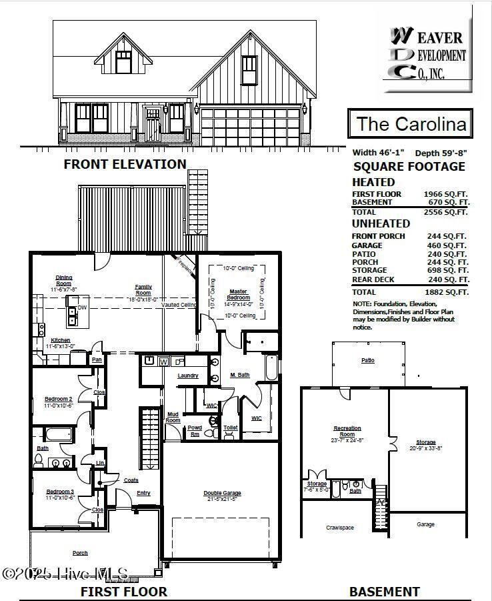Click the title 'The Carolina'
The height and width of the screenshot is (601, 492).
[x=410, y=123]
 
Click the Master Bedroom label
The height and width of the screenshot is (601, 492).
[x=238, y=294]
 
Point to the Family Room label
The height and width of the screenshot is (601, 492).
[x=143, y=289]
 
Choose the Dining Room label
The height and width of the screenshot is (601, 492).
[x=64, y=281]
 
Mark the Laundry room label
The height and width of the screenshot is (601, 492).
[x=188, y=376]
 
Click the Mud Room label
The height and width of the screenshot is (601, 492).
[x=173, y=418]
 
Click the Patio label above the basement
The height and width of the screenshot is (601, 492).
[x=368, y=360]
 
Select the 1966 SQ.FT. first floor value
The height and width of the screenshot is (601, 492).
[x=446, y=194]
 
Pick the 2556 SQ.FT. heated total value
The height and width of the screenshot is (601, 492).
[x=446, y=212]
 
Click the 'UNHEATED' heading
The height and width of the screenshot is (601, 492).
[x=381, y=224]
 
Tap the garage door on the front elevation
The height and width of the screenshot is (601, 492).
[x=250, y=125]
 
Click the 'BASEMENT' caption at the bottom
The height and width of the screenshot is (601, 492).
[x=385, y=591]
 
